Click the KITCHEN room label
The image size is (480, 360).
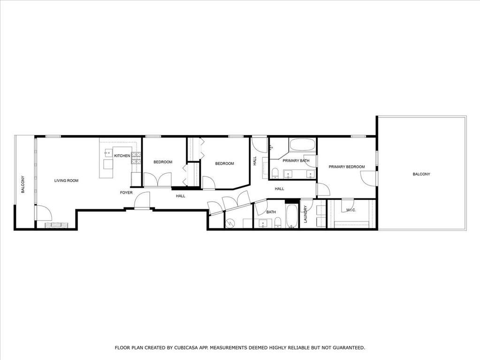point(122,156)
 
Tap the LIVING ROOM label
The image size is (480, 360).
point(67,181)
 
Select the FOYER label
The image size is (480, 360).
point(126,192)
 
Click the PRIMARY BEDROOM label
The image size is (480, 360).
point(347,167)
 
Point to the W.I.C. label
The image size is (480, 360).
point(351,210)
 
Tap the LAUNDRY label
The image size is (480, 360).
point(305,214)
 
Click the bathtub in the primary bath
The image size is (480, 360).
point(303,145)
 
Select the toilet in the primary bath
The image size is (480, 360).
point(275,173)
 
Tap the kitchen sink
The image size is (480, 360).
point(108,152)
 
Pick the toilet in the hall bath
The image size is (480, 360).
point(278,222)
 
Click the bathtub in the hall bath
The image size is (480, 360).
point(292,216)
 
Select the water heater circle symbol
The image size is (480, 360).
point(229,223)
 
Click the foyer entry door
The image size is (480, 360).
point(142,200)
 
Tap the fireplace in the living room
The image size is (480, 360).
point(57,225)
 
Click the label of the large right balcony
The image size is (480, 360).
point(421,174)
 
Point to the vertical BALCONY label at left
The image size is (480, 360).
point(23,184)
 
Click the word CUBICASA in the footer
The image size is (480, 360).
point(185,348)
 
